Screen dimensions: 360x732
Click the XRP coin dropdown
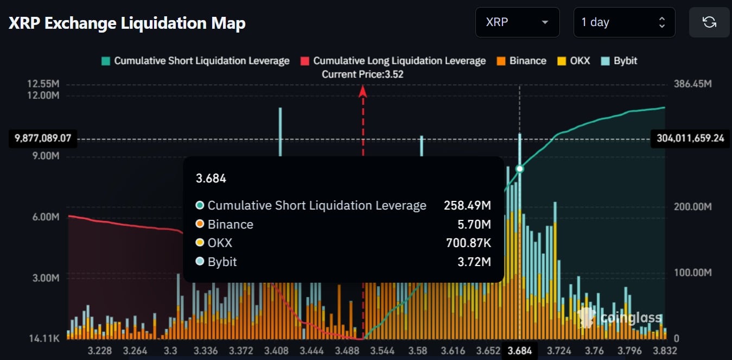(517, 22)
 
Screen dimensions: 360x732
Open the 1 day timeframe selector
(624, 22)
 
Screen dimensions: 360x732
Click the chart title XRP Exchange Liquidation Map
(127, 23)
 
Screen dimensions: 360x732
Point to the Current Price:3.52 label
(362, 74)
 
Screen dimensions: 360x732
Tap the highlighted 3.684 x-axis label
(519, 350)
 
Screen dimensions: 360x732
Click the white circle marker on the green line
(519, 169)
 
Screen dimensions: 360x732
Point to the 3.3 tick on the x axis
(170, 350)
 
